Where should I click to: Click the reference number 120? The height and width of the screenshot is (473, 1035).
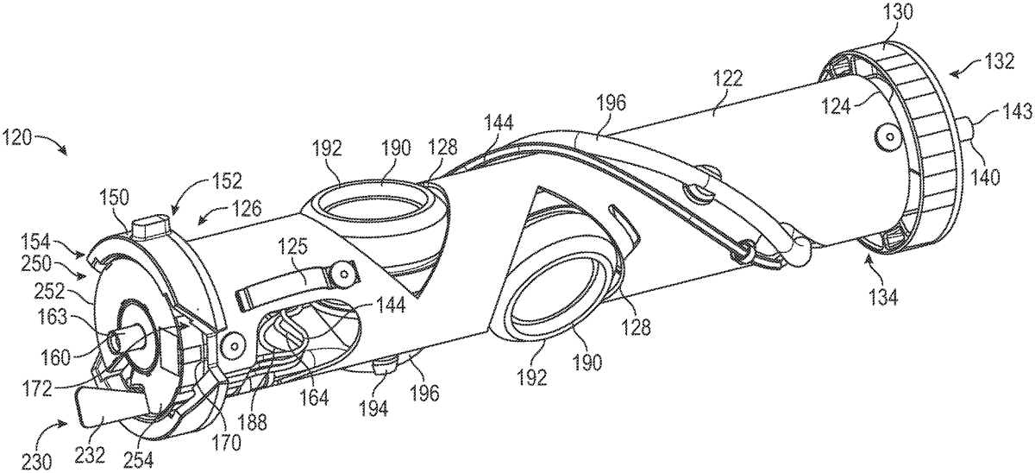pos(17,136)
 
